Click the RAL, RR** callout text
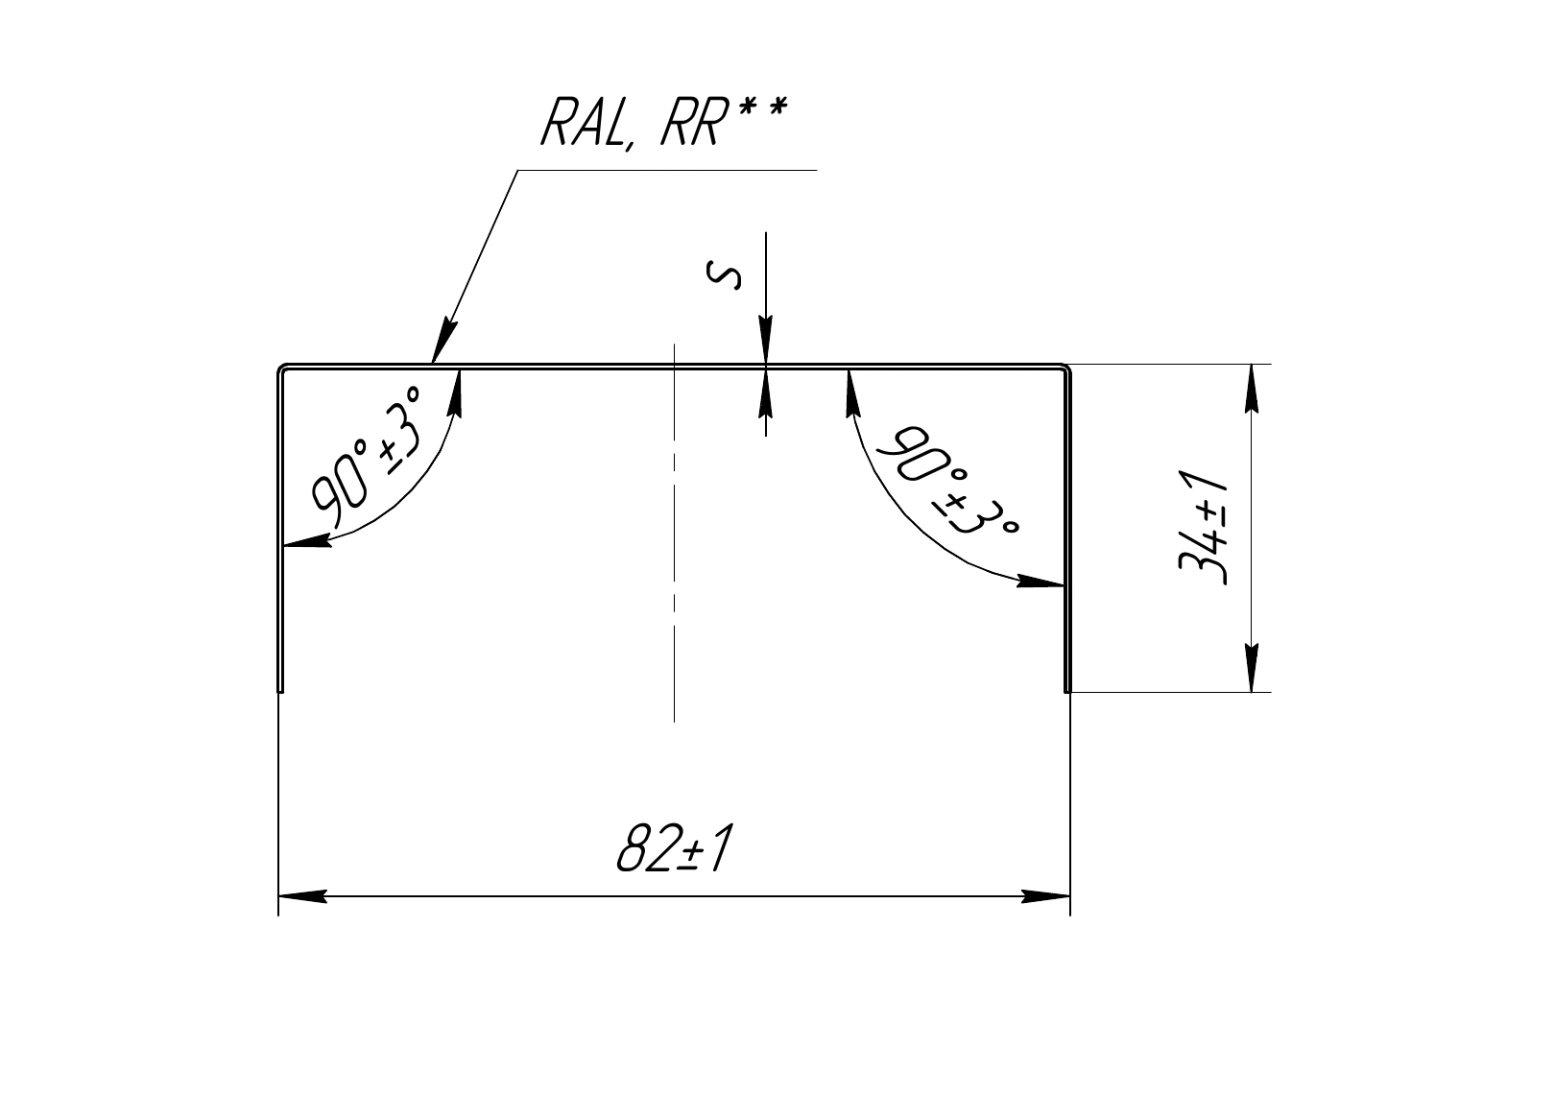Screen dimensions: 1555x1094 coord(664,122)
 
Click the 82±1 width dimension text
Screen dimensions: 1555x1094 coord(674,848)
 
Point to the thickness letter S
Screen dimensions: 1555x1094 coord(723,273)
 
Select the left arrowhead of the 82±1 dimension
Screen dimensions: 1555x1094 coord(302,896)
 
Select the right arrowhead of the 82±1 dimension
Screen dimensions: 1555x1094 coord(1045,896)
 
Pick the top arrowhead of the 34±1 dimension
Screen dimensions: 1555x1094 coord(1251,388)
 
